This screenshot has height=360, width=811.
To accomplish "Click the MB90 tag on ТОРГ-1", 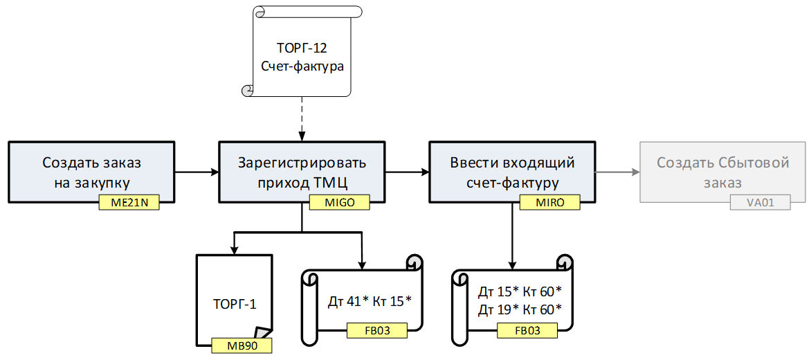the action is tap(242, 345).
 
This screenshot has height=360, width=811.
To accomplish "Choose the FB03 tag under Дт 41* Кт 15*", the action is tap(377, 330).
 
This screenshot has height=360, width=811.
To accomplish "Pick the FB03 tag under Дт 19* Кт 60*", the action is tap(527, 330).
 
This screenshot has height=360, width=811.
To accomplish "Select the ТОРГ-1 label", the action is tap(235, 304).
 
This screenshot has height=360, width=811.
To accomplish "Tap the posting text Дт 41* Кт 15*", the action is tap(370, 300).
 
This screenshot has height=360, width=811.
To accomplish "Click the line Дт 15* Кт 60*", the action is tap(520, 291).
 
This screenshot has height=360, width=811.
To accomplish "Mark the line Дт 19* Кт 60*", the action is tap(520, 309).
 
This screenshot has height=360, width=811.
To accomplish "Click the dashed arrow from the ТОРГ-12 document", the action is tap(302, 118).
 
